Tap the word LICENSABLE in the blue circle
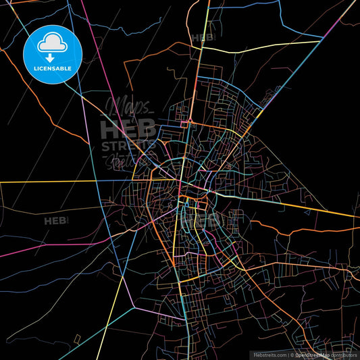[x=52, y=69]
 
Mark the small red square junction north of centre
[x=184, y=124]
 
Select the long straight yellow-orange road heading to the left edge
[x=68, y=182]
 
